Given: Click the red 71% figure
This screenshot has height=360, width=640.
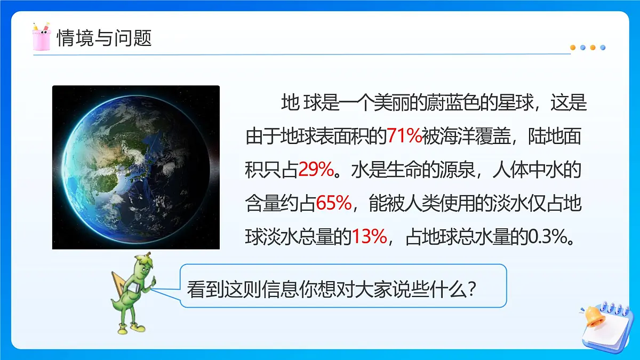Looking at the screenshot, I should coord(404,137).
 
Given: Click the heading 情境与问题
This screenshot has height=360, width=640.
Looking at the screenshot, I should coord(104,38).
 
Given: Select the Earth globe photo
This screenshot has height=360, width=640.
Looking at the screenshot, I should coord(136,167).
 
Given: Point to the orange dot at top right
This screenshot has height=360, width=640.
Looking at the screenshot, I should coord(573,47).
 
